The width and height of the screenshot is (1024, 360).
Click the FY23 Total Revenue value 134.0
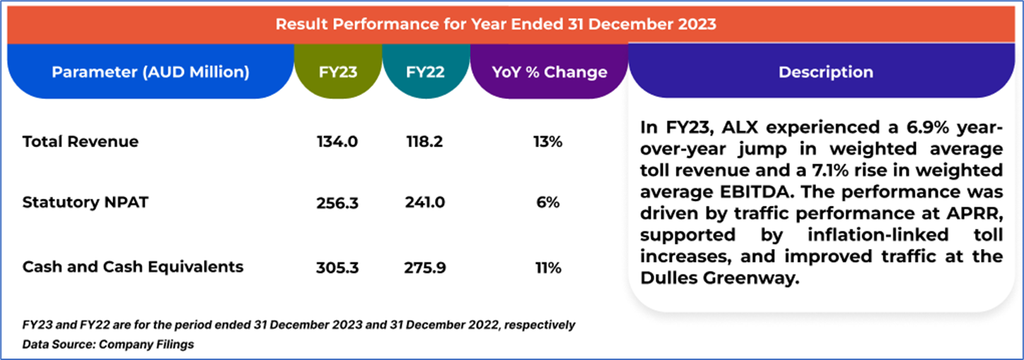pos(337,141)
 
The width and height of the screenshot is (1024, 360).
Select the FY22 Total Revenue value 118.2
pos(424,141)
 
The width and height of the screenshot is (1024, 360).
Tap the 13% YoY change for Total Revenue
pos(547,141)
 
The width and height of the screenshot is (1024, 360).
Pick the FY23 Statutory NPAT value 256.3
pos(337,203)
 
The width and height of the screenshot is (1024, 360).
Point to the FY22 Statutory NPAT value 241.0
pos(424,203)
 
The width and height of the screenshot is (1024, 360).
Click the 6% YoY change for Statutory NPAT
pos(547,203)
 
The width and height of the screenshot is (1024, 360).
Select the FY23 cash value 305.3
pos(337,267)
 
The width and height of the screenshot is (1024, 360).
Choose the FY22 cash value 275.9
pos(424,267)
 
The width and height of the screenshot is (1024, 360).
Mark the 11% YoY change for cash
pos(547,267)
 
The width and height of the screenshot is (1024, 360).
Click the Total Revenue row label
pos(81,141)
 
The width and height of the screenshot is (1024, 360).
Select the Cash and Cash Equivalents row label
pos(133,267)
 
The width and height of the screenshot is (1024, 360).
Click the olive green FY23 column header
pos(337,72)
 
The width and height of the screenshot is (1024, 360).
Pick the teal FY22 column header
pos(425,72)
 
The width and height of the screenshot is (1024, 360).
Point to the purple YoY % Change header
pos(549,72)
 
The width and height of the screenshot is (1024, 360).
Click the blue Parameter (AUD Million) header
pos(150,72)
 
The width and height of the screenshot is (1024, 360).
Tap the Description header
pos(825,72)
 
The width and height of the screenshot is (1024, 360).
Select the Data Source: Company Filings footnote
pos(108,344)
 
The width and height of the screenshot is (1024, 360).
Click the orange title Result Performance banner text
pos(496,24)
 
